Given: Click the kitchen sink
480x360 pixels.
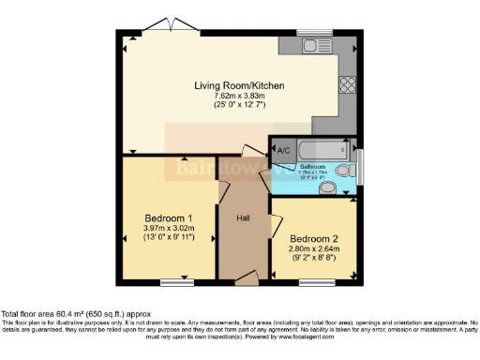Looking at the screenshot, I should pyautogui.click(x=309, y=45).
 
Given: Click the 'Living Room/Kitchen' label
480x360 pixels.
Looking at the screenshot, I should pyautogui.click(x=239, y=86).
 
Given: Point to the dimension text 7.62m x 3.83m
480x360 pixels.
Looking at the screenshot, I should pyautogui.click(x=239, y=97).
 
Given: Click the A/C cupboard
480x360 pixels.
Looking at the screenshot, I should pyautogui.click(x=285, y=149).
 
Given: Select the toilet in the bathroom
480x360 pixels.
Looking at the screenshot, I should pyautogui.click(x=346, y=171).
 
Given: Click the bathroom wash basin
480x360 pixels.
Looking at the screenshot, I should pyautogui.click(x=328, y=187).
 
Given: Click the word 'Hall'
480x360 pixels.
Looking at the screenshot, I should pyautogui.click(x=243, y=218).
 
